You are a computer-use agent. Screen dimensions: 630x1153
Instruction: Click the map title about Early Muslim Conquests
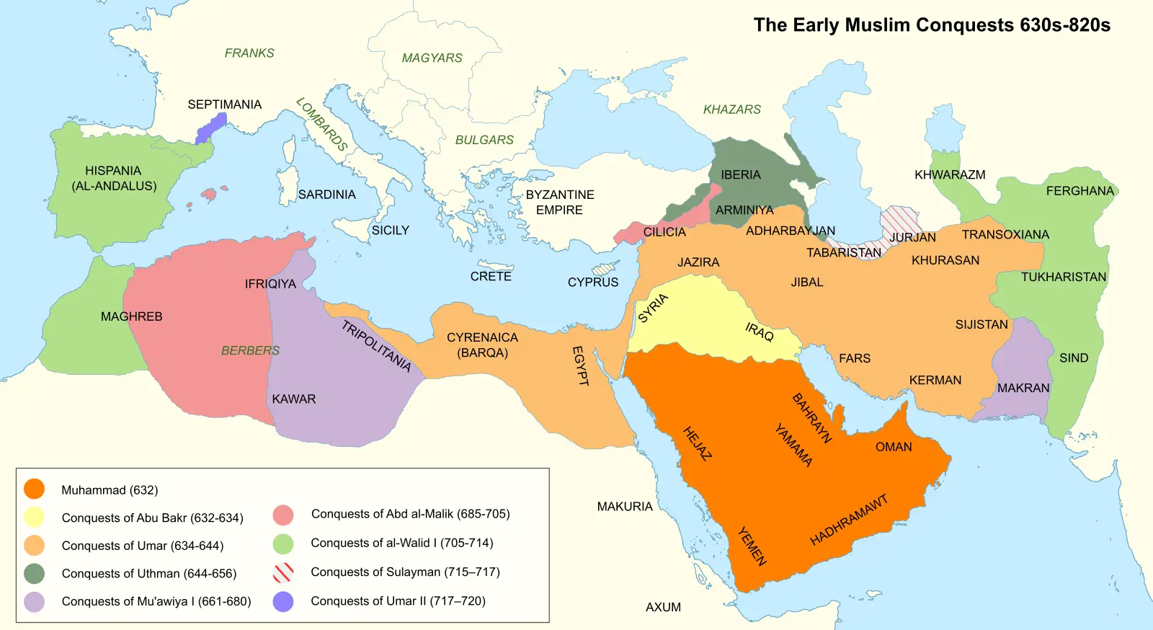[931, 25]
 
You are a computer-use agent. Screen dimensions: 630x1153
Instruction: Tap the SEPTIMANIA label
[224, 105]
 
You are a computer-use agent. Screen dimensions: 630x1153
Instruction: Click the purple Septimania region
[210, 128]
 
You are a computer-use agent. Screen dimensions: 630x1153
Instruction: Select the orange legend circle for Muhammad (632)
[34, 489]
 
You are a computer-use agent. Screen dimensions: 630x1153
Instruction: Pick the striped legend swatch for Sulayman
[283, 572]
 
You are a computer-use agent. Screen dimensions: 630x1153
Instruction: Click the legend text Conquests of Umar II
[398, 601]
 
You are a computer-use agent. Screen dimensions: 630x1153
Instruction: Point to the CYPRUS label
[592, 283]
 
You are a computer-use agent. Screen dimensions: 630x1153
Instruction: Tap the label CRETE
[491, 277]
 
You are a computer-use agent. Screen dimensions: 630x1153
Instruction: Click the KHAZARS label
[731, 110]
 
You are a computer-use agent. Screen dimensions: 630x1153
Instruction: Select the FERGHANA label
[1079, 191]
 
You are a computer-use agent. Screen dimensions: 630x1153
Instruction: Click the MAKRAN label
[1023, 389]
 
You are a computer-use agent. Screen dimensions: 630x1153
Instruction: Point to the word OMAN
[894, 447]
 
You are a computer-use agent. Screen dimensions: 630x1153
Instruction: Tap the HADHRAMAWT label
[848, 520]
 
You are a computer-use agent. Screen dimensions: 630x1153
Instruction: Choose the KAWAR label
[293, 399]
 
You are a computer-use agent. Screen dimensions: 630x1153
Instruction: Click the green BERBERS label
[250, 351]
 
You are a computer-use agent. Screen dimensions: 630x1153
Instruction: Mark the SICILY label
[390, 231]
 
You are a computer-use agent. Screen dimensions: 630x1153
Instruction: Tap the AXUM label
[663, 608]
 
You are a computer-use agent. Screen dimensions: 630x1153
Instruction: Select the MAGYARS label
[432, 58]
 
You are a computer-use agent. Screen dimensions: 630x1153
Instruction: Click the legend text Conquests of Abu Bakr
[152, 518]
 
